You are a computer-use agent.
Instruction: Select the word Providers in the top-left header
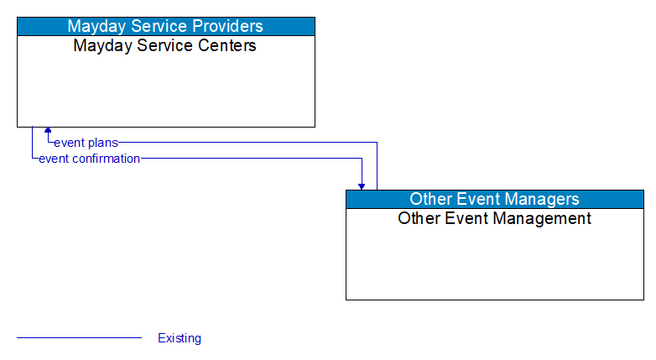click(x=224, y=26)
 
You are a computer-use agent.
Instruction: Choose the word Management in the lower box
click(x=543, y=218)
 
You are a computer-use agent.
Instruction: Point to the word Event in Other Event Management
click(x=465, y=218)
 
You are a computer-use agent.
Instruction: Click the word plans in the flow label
click(x=102, y=143)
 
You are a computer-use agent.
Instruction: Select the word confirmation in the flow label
click(x=107, y=159)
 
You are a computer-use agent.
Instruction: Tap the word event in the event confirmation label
click(x=55, y=159)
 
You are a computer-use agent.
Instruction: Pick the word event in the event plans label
click(x=70, y=143)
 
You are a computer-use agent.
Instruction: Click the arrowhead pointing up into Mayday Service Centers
click(x=48, y=131)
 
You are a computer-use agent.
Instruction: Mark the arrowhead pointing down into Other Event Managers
click(x=362, y=185)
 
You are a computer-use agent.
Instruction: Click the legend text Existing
click(x=180, y=338)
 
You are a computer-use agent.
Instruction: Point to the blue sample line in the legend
click(x=79, y=338)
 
